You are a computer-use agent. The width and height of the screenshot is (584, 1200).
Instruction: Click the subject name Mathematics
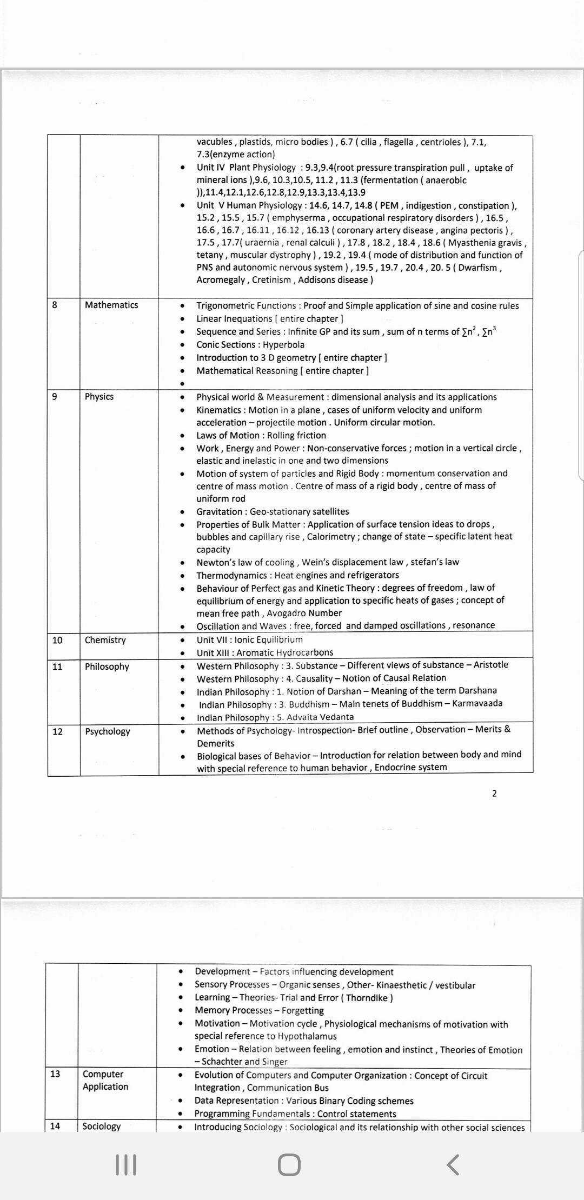point(111,305)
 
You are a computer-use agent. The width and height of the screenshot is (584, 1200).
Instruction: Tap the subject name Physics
point(99,396)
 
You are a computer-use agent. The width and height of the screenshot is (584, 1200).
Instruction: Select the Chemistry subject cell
point(105,640)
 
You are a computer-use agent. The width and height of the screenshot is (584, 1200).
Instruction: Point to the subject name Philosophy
point(107,666)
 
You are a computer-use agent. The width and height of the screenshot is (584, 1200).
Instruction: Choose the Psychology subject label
point(107,731)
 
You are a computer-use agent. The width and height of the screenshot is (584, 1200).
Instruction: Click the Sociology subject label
point(101,1126)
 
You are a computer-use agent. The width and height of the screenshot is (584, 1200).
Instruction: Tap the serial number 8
point(55,305)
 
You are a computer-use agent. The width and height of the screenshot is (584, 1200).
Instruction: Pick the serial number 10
point(57,640)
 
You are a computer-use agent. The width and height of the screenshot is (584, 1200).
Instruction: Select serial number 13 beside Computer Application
point(55,1074)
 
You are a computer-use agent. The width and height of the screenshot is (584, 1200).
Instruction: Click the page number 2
point(494,793)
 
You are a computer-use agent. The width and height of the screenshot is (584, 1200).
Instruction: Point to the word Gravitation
point(220,511)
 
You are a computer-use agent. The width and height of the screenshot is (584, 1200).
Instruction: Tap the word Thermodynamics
point(231,575)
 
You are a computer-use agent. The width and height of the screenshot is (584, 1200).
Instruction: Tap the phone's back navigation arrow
point(453,1165)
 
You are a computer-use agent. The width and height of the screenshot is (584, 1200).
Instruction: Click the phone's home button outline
point(289,1165)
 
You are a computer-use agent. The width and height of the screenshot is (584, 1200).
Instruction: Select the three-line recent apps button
point(126,1165)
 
